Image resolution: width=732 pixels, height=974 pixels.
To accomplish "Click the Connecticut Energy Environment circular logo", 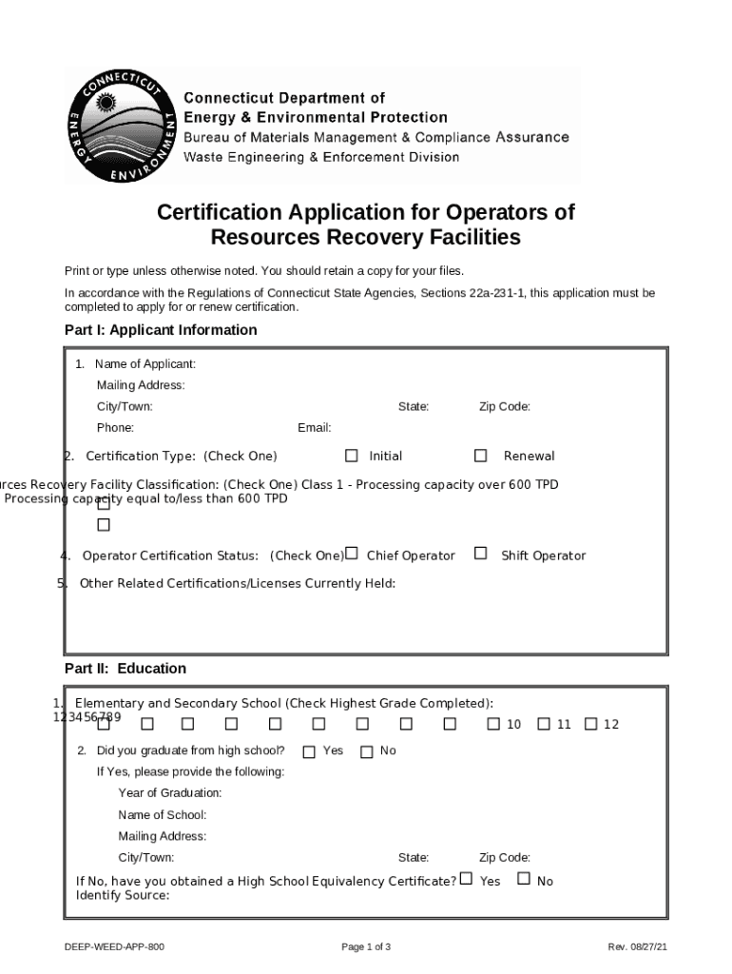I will pos(122,127).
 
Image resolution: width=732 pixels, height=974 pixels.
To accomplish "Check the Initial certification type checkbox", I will pos(352,456).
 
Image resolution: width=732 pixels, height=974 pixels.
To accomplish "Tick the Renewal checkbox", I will pos(481,456).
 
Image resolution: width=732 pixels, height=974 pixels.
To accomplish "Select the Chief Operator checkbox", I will pos(352,554).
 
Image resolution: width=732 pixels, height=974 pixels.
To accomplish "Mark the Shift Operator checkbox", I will pos(481,554).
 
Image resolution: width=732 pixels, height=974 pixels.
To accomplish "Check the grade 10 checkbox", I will pos(493,724).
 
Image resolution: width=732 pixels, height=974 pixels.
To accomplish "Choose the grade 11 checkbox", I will pos(544,724).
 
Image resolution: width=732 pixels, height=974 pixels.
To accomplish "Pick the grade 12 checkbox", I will pos(590,724).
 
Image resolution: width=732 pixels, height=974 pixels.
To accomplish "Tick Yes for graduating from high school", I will pos(309,751).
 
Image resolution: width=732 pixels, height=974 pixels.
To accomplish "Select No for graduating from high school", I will pos(367,751).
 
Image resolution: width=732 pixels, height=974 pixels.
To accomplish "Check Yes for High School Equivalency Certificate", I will pos(466,879).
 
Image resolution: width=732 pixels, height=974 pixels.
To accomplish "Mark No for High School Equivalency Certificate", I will pos(524,879).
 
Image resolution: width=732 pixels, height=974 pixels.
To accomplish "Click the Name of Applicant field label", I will pos(144,364).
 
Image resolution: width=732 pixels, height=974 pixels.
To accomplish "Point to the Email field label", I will pos(314,428).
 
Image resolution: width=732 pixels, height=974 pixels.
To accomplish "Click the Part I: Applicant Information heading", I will pos(161,330).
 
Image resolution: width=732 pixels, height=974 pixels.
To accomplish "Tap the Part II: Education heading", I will pos(125,669).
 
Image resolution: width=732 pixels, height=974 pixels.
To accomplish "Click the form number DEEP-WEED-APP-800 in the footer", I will pos(114,947).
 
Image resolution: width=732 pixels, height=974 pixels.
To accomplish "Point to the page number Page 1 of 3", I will pos(366,947).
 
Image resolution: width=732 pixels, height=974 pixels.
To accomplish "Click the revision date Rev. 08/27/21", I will pos(638,947).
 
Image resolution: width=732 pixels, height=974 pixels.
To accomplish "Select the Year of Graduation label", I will pos(170,792).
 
